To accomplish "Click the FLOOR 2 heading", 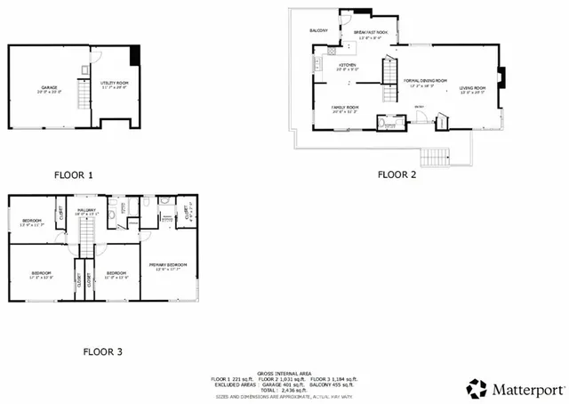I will click(x=397, y=174).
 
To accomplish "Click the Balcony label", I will click(x=319, y=30).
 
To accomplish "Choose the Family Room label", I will click(x=345, y=109).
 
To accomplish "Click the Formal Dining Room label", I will click(x=425, y=82).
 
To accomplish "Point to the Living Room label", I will click(x=472, y=89).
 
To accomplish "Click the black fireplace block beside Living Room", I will click(x=499, y=77).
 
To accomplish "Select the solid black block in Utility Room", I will click(x=134, y=55).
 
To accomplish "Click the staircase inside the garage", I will click(x=84, y=93).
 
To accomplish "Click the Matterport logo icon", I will click(x=477, y=388).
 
